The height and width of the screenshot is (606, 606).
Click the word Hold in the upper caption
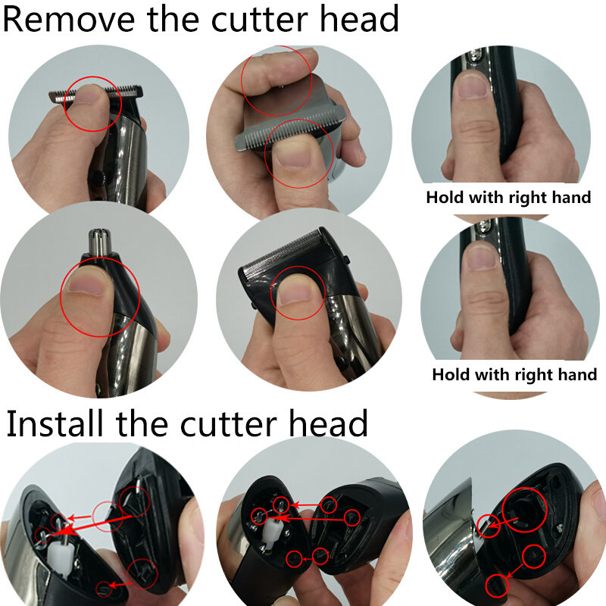(445, 198)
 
